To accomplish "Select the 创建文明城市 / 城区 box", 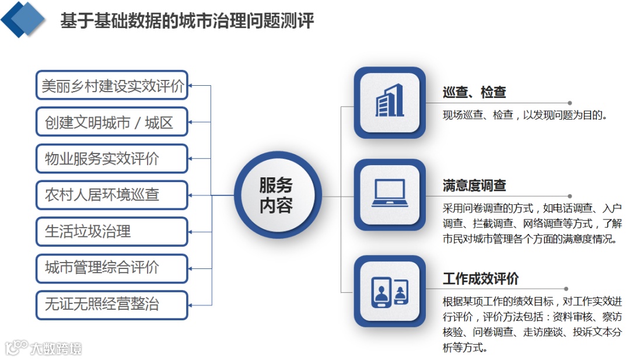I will coord(112,122).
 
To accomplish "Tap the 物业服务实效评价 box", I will coord(112,158).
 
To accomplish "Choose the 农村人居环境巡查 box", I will coord(112,195).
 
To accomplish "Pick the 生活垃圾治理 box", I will coord(112,231).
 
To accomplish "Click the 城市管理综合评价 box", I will coord(112,268).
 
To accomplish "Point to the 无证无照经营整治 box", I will coord(112,304).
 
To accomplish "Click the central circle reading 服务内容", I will coord(276,195).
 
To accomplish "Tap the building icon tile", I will coord(390,102).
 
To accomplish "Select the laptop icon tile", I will coord(390,195).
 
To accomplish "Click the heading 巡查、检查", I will coord(474,92).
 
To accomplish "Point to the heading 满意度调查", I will coord(474,186).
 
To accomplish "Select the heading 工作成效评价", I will coord(480,279).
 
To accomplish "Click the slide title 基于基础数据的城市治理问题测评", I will coord(187,21).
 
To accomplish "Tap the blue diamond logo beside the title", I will coord(23,19).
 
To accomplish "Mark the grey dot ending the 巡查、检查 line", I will coord(570,103).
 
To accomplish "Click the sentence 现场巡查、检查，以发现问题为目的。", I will coord(525,115).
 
